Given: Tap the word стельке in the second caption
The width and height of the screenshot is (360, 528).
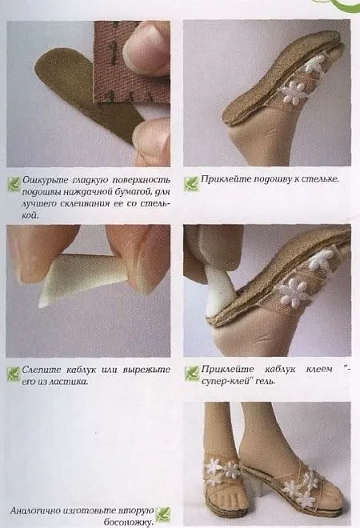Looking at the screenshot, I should click(317, 179).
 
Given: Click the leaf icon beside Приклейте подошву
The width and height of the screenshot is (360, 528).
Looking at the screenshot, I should click(190, 182).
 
